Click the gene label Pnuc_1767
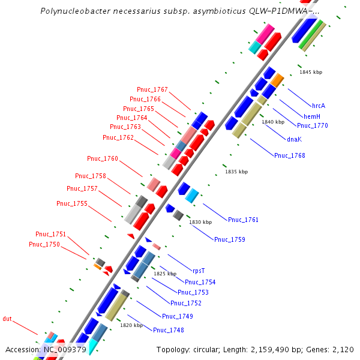(x=152, y=89)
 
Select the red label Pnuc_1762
(x=118, y=137)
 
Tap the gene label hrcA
(x=318, y=106)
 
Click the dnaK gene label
(x=294, y=139)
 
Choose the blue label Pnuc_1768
(x=289, y=155)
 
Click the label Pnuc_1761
(x=243, y=220)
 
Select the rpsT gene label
(x=199, y=270)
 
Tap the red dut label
(x=7, y=319)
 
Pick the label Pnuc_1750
(x=44, y=244)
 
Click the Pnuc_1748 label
(x=168, y=330)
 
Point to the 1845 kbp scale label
(x=311, y=72)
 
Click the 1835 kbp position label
(x=236, y=172)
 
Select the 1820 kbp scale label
(x=131, y=325)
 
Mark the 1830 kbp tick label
(x=200, y=222)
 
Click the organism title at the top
(x=179, y=11)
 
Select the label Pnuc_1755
(x=72, y=203)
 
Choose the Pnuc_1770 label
(x=313, y=125)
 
